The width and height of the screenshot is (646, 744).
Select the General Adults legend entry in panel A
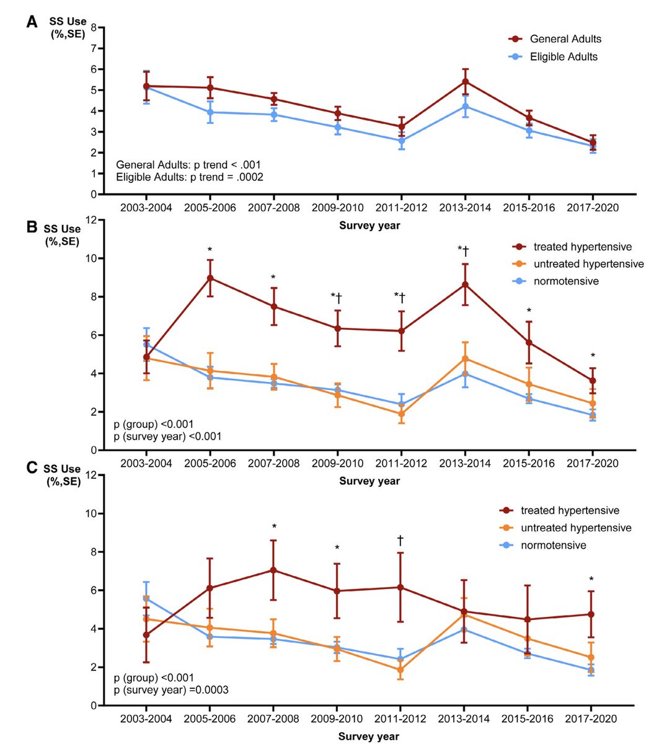pos(565,39)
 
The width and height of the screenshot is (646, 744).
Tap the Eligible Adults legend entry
pos(564,56)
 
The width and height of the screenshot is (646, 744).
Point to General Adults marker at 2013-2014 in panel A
pos(465,81)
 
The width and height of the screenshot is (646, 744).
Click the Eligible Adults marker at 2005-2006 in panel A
pos(210,112)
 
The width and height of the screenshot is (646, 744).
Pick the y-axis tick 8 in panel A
pos(93,28)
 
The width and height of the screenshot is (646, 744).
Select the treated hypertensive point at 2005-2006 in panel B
pos(210,278)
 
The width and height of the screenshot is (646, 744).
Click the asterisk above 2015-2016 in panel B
pos(529,311)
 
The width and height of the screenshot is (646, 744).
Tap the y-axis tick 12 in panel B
pos(91,220)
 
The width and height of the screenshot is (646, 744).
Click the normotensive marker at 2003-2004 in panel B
pos(147,344)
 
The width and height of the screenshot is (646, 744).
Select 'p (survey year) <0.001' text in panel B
pos(168,436)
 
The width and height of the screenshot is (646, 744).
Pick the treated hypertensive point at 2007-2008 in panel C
pos(273,570)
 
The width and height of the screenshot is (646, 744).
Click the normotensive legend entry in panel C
pos(559,545)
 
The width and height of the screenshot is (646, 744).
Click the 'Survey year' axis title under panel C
pos(369,737)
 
